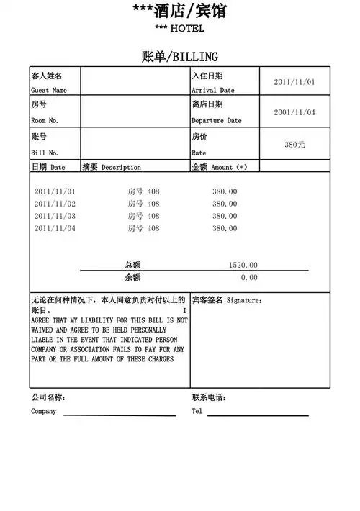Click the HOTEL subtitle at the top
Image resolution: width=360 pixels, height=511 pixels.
(x=180, y=28)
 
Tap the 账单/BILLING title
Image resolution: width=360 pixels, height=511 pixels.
(x=180, y=57)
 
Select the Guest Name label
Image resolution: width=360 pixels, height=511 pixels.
(x=49, y=91)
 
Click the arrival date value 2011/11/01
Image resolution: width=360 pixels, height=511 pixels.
(x=294, y=82)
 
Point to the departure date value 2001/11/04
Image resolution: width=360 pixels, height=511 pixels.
(x=294, y=112)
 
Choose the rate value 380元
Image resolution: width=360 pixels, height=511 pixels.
(x=294, y=145)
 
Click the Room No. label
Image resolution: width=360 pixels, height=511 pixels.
(x=45, y=121)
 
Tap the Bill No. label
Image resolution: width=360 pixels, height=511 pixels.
(x=45, y=153)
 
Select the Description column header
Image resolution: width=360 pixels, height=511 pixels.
(x=120, y=167)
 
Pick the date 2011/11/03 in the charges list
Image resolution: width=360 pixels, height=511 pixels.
(x=55, y=216)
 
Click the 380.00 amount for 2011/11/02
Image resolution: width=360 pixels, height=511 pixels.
(x=224, y=204)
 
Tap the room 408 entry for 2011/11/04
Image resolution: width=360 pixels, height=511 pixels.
(x=143, y=228)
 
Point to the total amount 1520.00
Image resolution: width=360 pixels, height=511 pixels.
(x=243, y=265)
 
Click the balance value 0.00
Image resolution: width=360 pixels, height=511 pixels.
(x=249, y=277)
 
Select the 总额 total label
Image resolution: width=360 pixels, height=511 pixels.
(x=132, y=265)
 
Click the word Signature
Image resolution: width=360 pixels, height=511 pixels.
(x=243, y=300)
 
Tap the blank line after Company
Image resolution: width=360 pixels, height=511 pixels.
(x=120, y=415)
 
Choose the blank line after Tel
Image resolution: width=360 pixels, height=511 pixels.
(x=258, y=415)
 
